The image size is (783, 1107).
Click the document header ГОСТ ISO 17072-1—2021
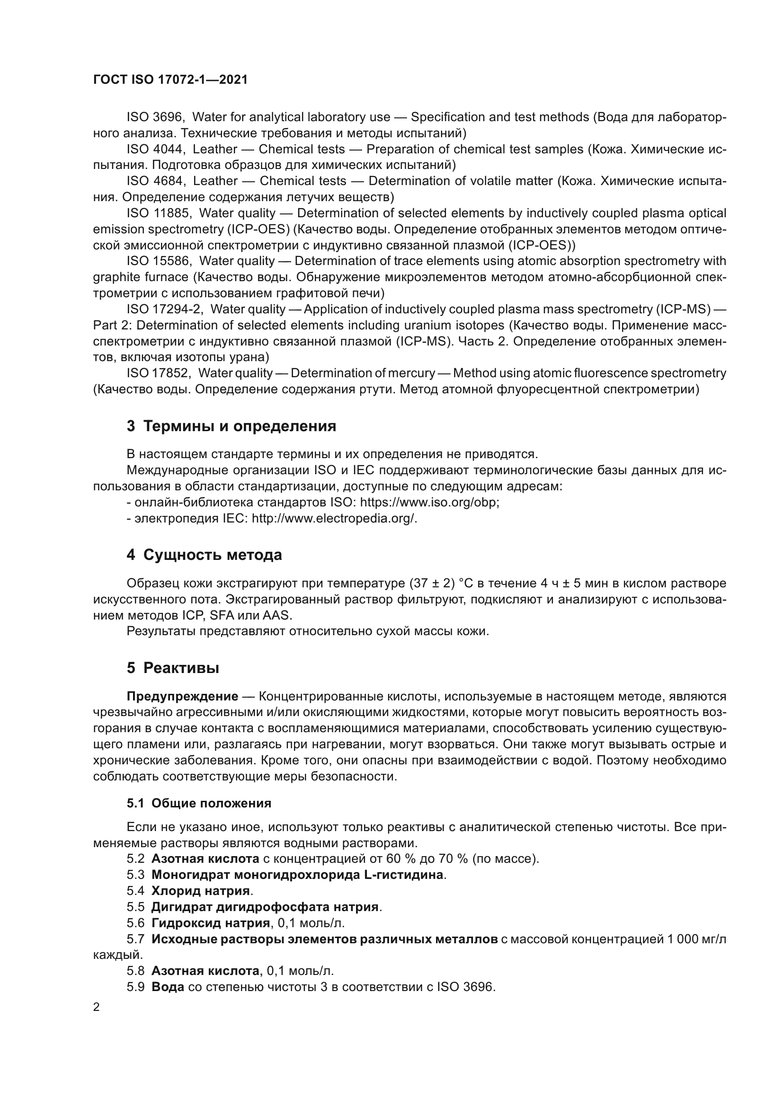(x=170, y=80)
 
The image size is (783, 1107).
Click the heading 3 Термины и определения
(x=231, y=426)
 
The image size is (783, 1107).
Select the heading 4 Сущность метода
(x=204, y=555)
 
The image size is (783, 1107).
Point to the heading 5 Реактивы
(x=173, y=668)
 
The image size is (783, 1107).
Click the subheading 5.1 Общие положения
(x=199, y=803)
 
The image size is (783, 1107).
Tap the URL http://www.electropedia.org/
(x=334, y=518)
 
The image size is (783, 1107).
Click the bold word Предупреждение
(x=182, y=697)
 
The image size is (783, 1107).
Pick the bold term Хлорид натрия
(x=201, y=891)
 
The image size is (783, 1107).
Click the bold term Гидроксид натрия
(x=210, y=923)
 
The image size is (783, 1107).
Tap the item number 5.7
(x=135, y=939)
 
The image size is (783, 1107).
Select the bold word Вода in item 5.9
(x=168, y=987)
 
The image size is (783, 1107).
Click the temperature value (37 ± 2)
(x=432, y=584)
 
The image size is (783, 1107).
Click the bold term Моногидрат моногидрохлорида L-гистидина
(x=297, y=875)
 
